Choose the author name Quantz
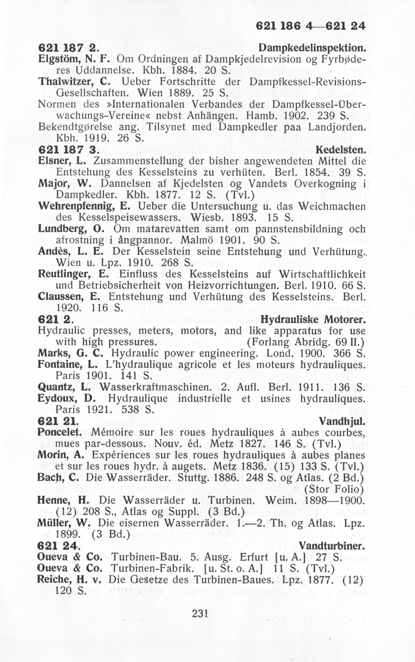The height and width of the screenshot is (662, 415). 58,387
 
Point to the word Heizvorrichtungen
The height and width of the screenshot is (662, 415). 233,285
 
